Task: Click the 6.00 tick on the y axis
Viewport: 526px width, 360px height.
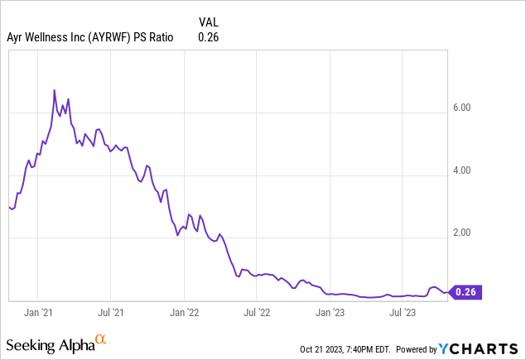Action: point(462,108)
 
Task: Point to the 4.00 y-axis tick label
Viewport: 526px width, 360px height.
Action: point(462,170)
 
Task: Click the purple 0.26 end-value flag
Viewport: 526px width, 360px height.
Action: point(466,291)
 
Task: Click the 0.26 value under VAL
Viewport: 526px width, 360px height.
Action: point(209,36)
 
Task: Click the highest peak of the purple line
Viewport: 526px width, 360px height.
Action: point(55,89)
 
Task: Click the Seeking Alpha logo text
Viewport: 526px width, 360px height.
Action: point(50,343)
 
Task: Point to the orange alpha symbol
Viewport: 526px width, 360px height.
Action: point(100,339)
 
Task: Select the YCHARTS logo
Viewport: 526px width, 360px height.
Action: point(490,348)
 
